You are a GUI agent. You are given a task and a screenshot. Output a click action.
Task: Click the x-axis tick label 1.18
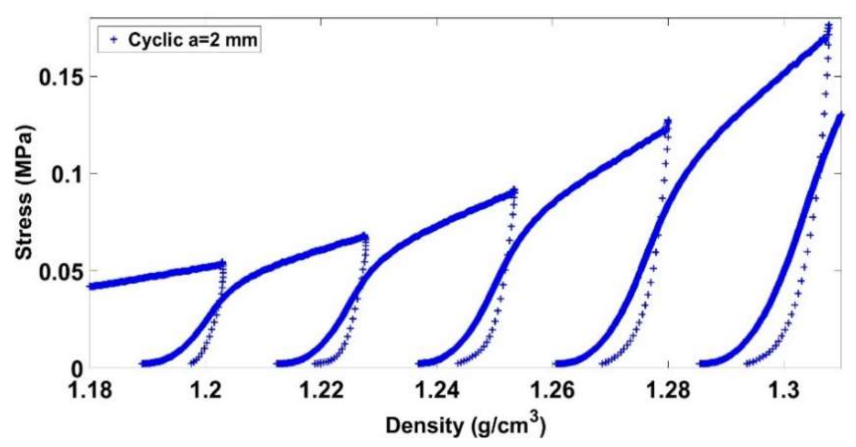coord(91,390)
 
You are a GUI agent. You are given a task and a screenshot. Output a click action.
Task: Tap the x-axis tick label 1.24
coord(437,390)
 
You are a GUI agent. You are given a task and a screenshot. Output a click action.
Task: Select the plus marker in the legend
coord(113,40)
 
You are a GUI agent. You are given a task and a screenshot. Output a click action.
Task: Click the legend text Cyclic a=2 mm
coord(192,40)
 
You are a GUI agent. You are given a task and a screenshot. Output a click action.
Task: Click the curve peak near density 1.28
coord(668,121)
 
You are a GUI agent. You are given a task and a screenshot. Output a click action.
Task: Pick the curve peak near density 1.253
coord(514,190)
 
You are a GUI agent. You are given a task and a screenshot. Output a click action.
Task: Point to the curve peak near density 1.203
coord(222,262)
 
